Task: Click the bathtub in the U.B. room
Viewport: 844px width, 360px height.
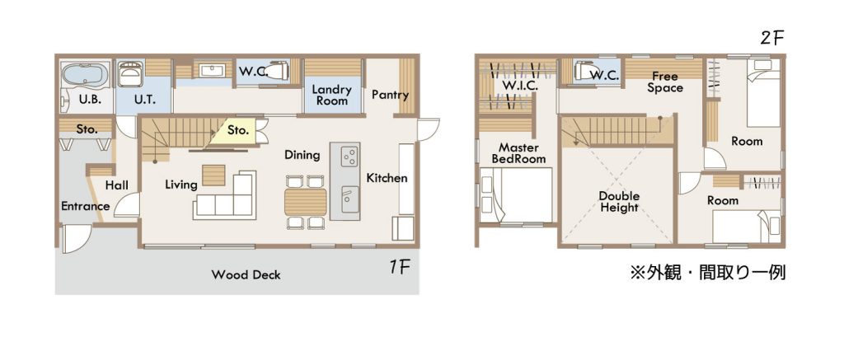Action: (86, 74)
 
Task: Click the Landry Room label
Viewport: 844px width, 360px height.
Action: (331, 95)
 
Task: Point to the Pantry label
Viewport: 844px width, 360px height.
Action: (390, 95)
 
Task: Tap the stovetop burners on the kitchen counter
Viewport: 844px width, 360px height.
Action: (349, 157)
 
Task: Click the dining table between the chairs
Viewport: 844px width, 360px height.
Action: (306, 202)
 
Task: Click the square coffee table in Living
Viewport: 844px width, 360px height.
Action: (213, 175)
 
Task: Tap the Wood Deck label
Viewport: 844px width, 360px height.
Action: (246, 275)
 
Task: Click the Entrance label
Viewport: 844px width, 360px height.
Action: (85, 206)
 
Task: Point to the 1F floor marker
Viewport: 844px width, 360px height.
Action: (401, 268)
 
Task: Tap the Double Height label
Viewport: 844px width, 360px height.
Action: (618, 201)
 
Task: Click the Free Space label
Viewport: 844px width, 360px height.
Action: (665, 82)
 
